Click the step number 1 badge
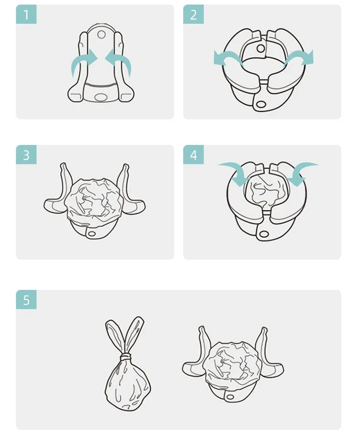tap(26, 14)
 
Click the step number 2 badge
tap(193, 14)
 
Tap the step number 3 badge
tap(26, 155)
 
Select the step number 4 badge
tap(193, 155)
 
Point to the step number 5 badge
tap(26, 299)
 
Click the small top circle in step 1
tap(101, 34)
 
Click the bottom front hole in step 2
tap(261, 104)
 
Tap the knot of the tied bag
tap(127, 357)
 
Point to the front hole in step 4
tap(264, 235)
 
